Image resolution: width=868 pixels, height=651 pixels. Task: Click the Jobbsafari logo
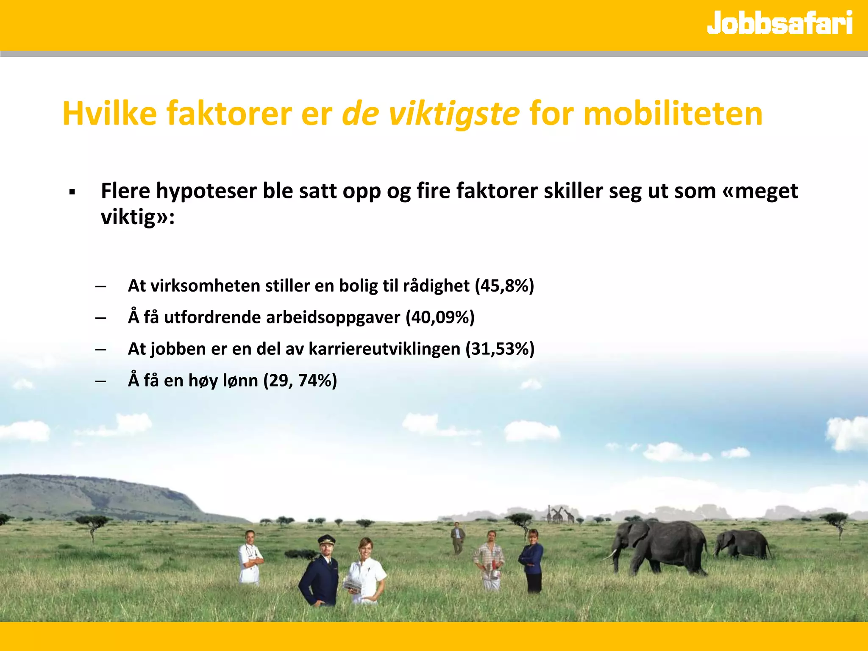click(779, 23)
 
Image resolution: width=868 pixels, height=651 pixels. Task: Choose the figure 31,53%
click(500, 349)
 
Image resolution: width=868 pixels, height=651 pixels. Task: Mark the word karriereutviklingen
click(384, 349)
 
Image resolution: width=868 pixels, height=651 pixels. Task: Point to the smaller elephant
click(743, 544)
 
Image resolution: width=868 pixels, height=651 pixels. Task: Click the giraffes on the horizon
click(560, 515)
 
